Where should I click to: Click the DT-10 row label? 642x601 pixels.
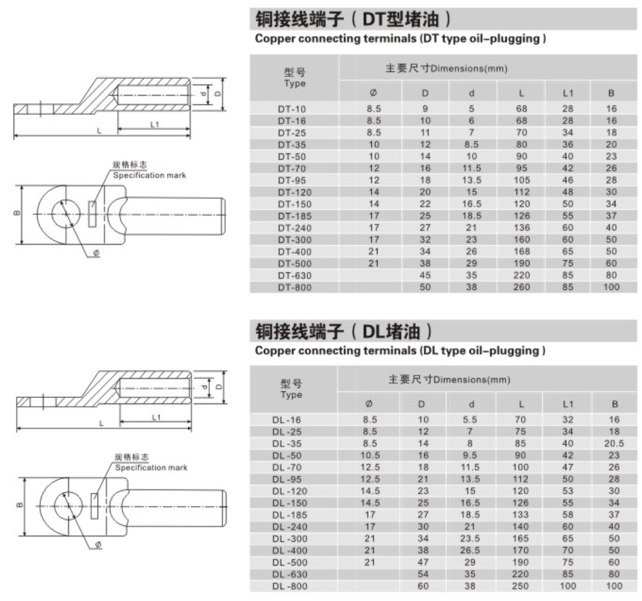pos(292,109)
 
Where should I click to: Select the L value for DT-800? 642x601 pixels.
pos(521,287)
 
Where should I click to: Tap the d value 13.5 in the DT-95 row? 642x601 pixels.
pos(471,180)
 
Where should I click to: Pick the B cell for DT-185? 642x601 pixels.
pos(611,216)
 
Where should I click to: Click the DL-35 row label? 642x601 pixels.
pos(287,444)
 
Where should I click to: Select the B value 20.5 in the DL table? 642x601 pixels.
pos(613,443)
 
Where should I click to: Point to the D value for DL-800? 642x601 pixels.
pos(423,586)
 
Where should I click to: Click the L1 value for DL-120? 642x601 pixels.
pos(567,491)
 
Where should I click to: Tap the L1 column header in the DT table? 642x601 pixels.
pos(567,93)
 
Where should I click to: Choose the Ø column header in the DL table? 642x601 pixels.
pos(369,404)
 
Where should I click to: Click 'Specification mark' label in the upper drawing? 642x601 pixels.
pos(150,176)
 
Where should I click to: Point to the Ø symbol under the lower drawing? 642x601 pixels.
pos(98,545)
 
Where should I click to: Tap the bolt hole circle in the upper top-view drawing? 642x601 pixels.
pos(66,214)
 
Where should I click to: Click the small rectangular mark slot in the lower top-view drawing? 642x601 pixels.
pos(94,506)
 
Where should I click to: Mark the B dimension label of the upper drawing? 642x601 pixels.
pos(17,213)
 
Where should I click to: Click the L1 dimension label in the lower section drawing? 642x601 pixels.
pos(156,418)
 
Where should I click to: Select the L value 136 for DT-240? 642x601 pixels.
pos(521,228)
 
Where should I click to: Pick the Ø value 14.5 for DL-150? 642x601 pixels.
pos(369,503)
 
